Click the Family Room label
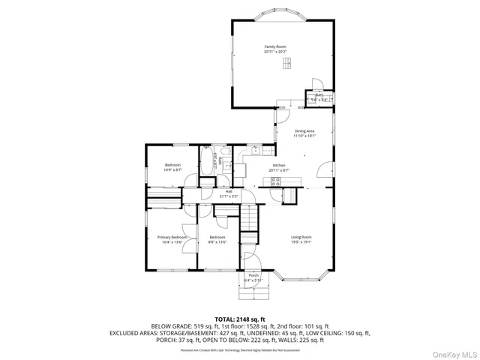tap(275, 46)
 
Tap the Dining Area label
tap(304, 131)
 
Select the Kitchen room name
tap(278, 165)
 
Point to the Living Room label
tap(301, 237)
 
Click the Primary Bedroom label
tap(172, 237)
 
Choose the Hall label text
tap(228, 192)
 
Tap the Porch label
tap(253, 276)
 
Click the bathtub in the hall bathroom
tap(207, 162)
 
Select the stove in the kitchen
tap(275, 181)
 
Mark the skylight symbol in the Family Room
tap(286, 65)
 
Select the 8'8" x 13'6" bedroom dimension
tap(217, 242)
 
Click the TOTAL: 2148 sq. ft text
tap(240, 319)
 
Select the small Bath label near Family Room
tap(319, 94)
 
